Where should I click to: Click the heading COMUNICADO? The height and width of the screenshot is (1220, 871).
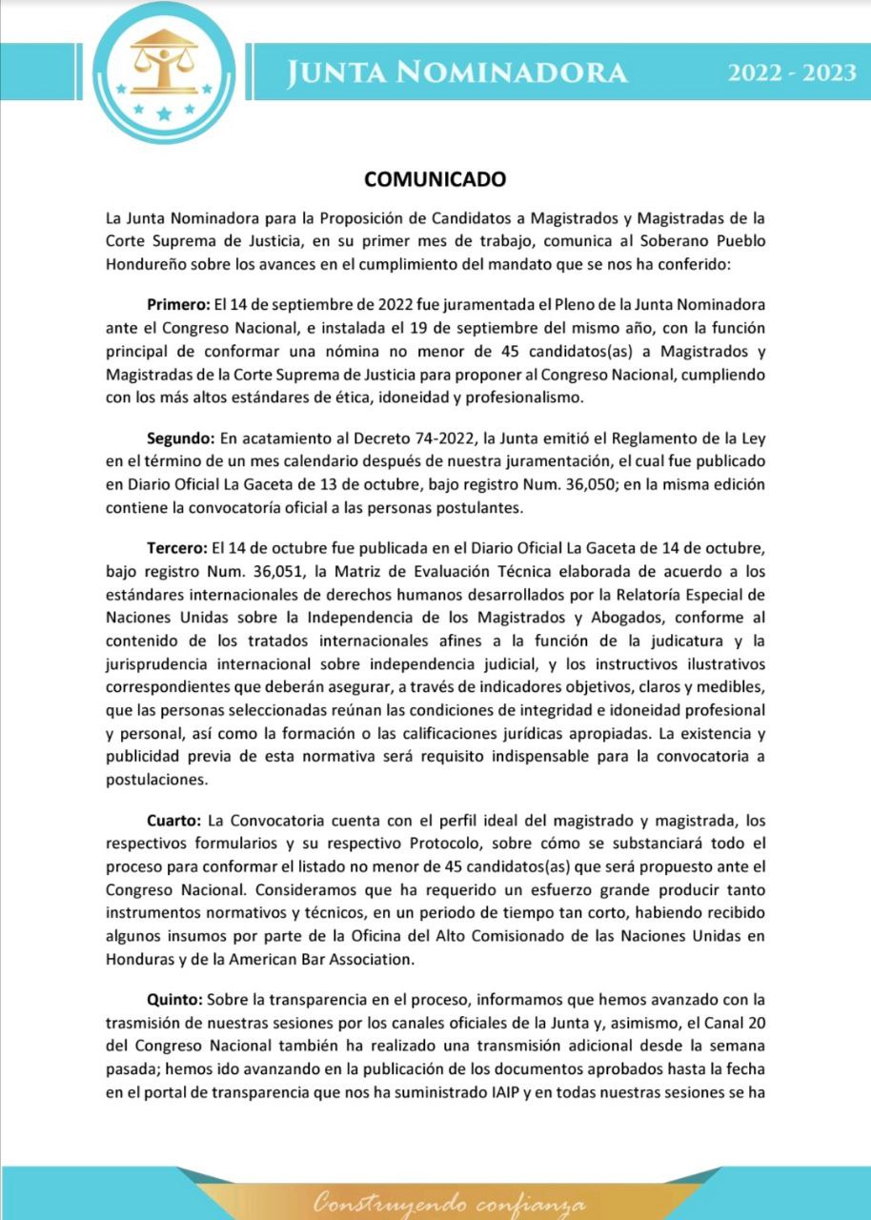435,179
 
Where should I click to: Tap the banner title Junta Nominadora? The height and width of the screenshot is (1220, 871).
459,73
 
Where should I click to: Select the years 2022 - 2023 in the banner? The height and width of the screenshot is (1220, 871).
792,73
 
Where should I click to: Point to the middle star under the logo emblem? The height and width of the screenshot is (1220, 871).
164,115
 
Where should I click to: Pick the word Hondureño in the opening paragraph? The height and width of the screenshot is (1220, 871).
144,263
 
